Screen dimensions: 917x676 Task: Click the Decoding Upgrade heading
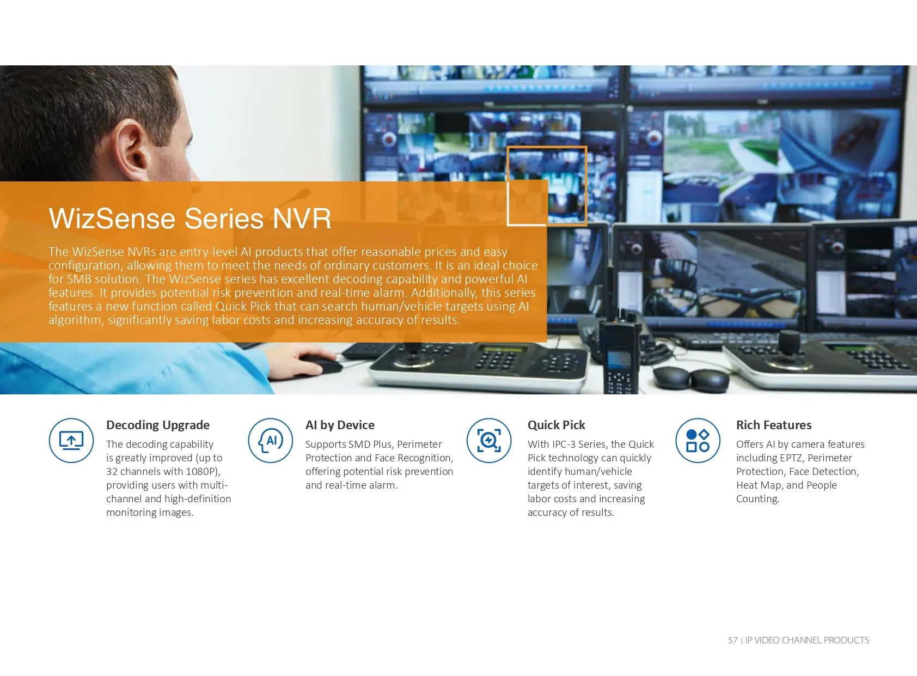coord(157,425)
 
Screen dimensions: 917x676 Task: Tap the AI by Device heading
coord(340,425)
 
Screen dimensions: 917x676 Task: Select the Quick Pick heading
coord(557,425)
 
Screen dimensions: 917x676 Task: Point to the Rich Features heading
coord(774,425)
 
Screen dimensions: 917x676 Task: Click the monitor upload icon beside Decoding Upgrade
coord(71,441)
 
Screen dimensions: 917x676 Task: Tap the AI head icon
coord(271,441)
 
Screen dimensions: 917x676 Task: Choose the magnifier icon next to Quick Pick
coord(489,441)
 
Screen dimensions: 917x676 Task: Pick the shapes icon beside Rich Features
coord(698,441)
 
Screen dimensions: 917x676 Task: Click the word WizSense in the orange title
coord(112,218)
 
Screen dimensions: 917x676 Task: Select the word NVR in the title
coord(302,218)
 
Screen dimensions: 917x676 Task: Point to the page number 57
coord(733,641)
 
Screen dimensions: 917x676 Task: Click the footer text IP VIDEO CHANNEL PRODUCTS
coord(807,641)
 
